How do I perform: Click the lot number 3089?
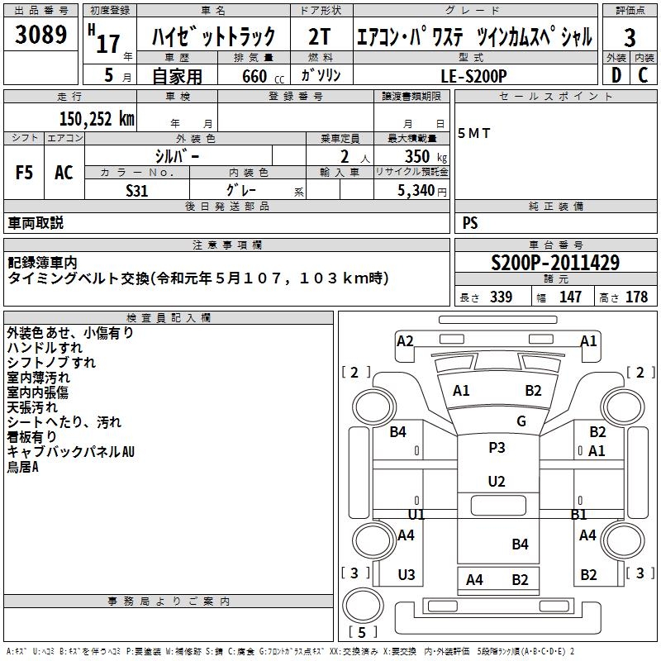coord(40,36)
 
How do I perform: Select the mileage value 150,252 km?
coord(97,118)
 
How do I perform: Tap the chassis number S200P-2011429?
coord(554,264)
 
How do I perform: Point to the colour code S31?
coord(137,189)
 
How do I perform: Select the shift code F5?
coord(24,173)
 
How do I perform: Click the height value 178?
coord(636,297)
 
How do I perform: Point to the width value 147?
coord(570,297)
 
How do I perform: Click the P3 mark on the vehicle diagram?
coord(497,447)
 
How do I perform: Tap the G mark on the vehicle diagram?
coord(521,421)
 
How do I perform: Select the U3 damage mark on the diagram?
coord(407,575)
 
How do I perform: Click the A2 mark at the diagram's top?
coord(405,340)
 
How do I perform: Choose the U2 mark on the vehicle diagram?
coord(497,481)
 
